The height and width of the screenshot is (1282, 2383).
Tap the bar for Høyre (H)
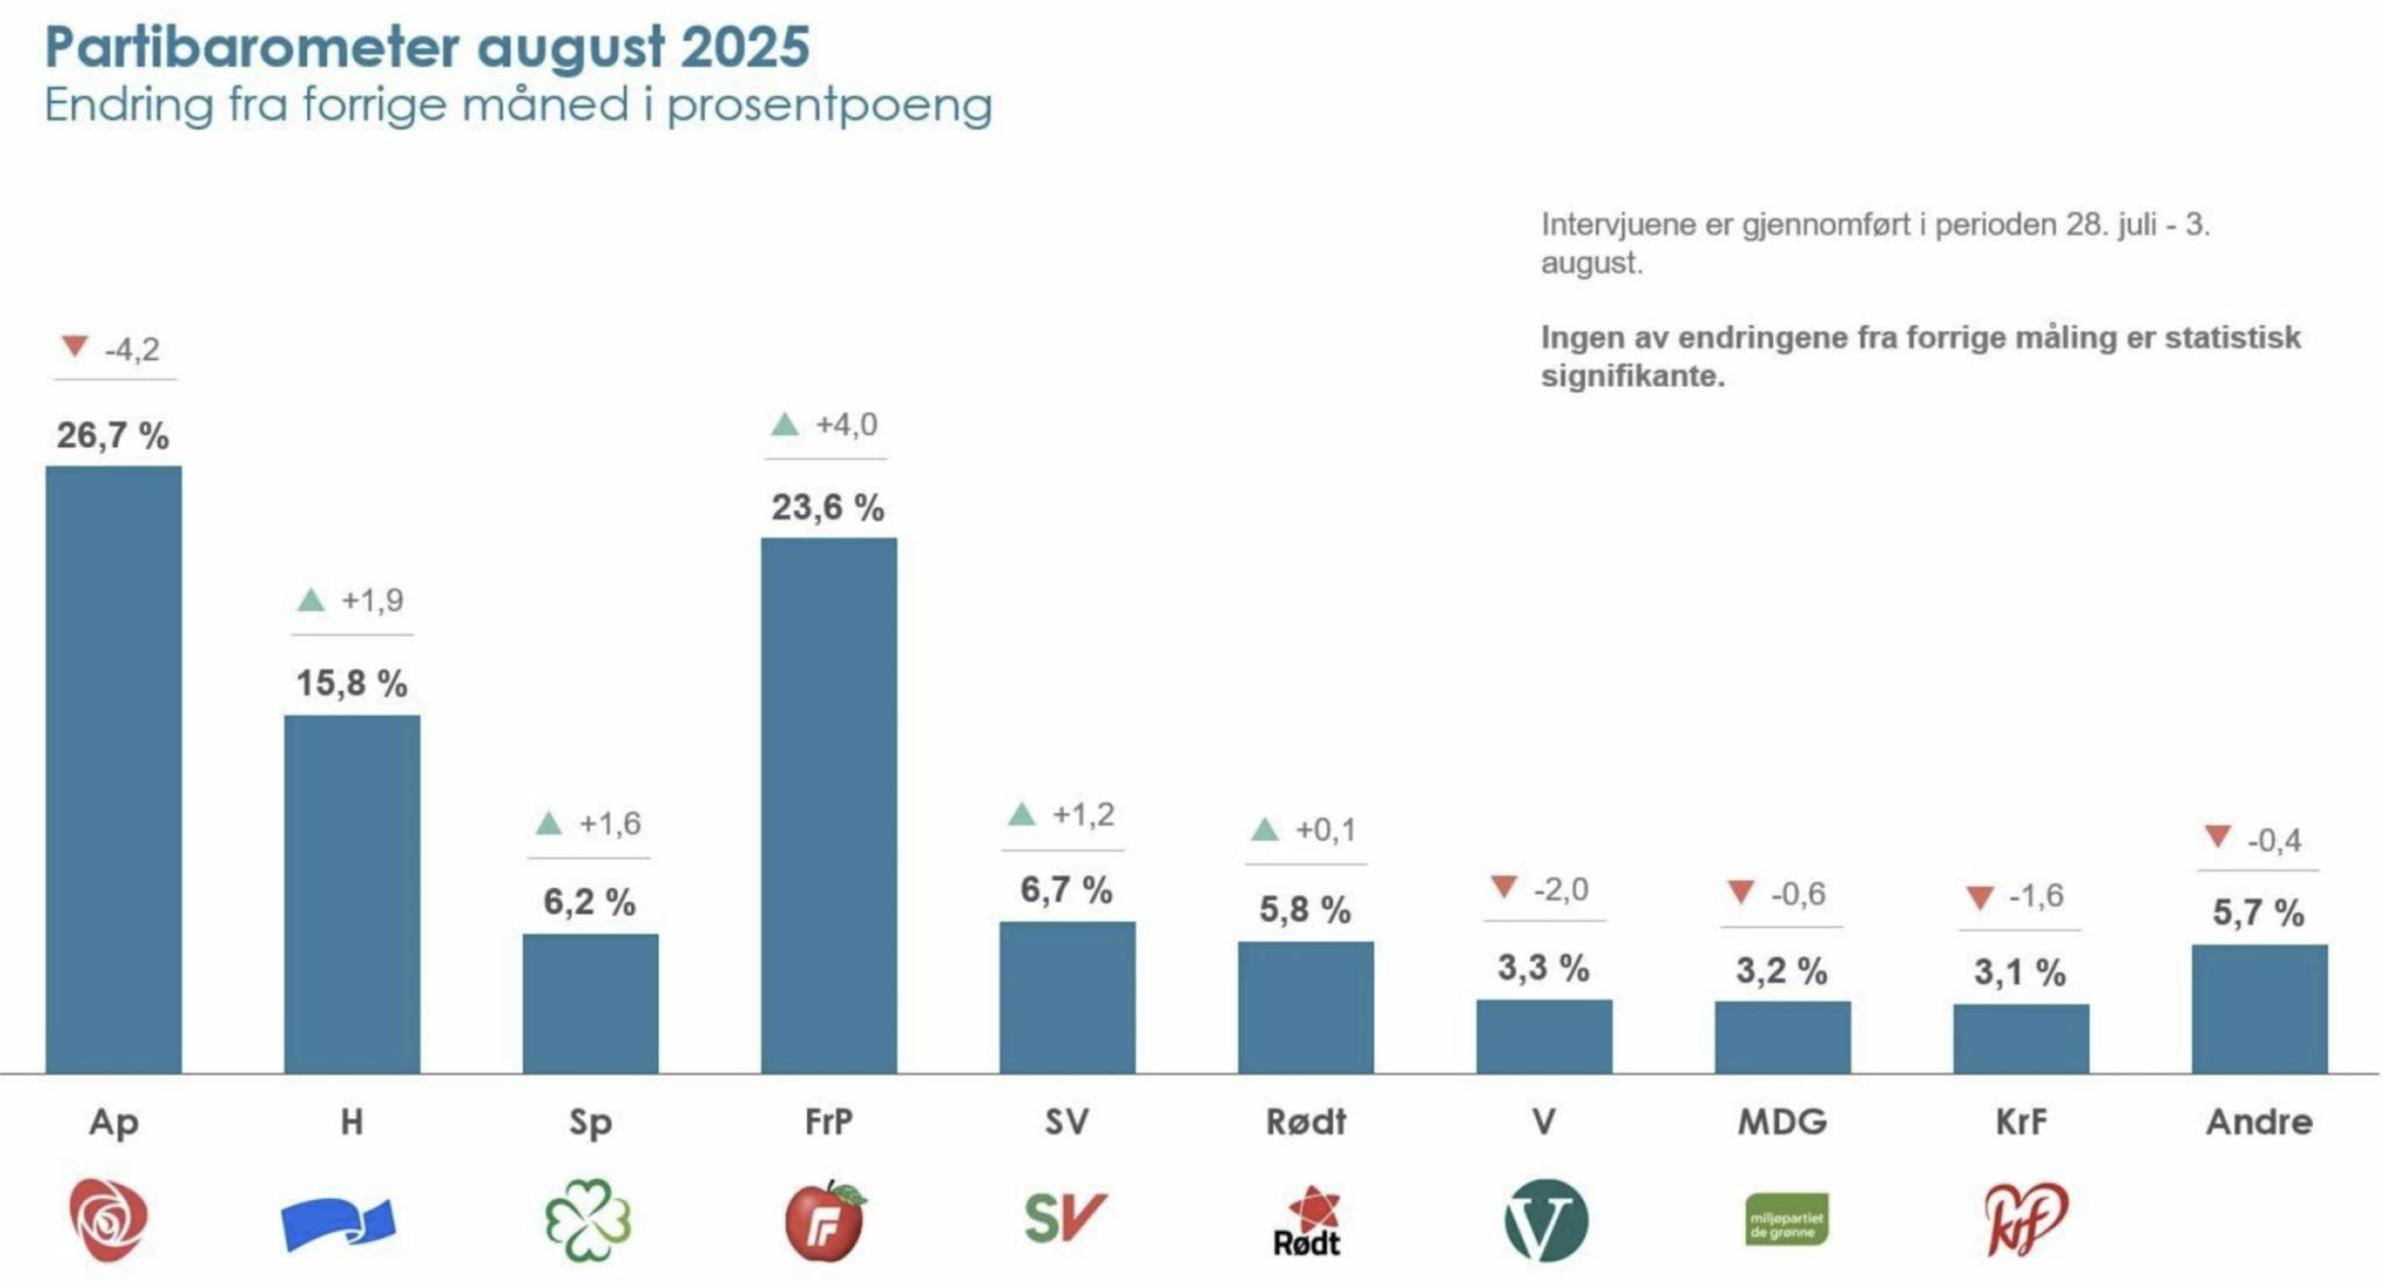click(352, 894)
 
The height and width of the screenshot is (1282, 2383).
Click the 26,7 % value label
click(113, 436)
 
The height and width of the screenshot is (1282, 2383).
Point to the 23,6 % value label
click(828, 507)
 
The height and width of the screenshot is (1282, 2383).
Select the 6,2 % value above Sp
click(589, 902)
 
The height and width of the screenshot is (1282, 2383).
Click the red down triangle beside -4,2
click(74, 346)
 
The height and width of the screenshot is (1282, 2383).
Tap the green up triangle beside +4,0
click(785, 425)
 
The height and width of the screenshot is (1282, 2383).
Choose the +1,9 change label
click(372, 601)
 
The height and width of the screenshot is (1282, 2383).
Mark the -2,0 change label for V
click(1561, 890)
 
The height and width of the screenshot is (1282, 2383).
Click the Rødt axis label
click(1306, 1122)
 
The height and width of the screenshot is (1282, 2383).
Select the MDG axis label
click(1783, 1122)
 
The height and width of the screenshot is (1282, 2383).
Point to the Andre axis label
click(2259, 1122)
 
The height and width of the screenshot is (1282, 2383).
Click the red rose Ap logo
click(108, 1220)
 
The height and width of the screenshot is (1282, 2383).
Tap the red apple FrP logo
click(826, 1221)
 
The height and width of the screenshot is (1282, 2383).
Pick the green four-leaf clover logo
click(588, 1220)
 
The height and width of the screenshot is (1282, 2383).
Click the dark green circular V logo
click(1545, 1221)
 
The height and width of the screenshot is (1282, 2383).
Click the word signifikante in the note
click(1633, 376)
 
